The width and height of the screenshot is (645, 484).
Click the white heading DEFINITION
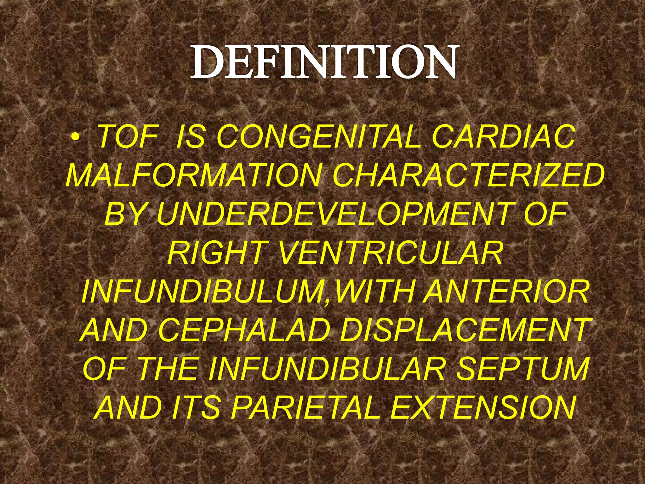323,61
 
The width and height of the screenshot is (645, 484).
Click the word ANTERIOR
505,292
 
